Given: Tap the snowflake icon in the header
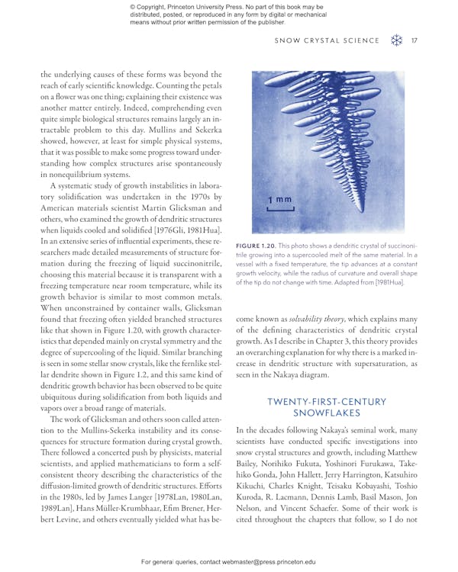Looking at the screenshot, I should click(x=396, y=40).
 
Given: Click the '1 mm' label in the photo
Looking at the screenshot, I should click(x=279, y=200).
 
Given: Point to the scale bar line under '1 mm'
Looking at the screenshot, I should click(x=279, y=208).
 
